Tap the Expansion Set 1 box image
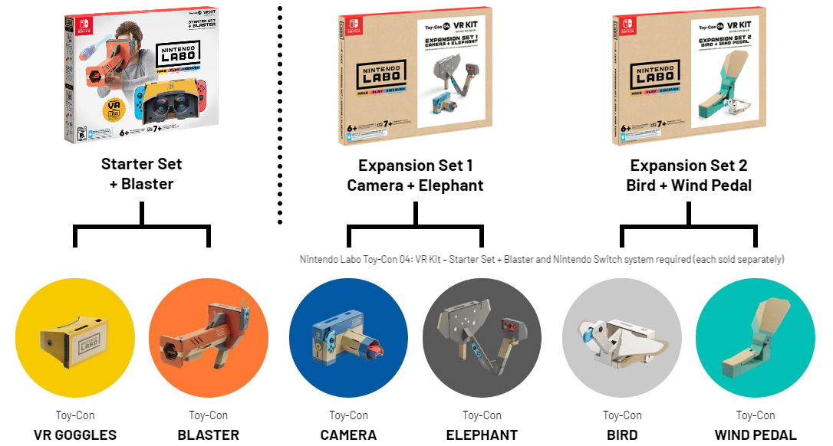[x=415, y=77]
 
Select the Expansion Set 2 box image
[x=690, y=77]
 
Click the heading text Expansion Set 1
[x=415, y=166]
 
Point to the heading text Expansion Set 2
[x=689, y=166]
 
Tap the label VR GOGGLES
[x=75, y=435]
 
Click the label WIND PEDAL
[x=756, y=435]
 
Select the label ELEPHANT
[x=482, y=435]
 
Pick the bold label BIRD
[x=622, y=435]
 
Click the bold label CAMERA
[x=348, y=435]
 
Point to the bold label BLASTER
[x=209, y=435]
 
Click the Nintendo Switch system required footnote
[x=542, y=260]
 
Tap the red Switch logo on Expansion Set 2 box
[x=627, y=23]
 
